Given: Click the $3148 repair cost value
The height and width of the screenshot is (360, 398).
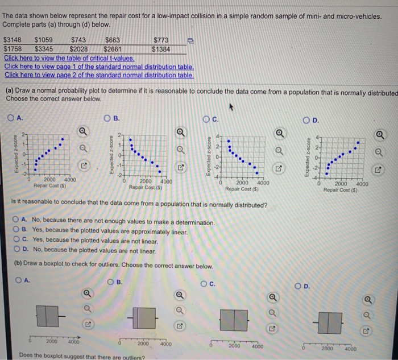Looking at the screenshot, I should point(13,40).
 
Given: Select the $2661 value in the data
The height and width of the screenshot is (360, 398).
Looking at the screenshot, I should point(113,49).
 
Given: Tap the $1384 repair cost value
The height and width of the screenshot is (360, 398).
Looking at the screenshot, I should point(161,49).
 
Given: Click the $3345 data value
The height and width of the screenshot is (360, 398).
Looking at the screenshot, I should point(44,49).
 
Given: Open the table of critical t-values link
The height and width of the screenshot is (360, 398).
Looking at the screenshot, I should point(69,58).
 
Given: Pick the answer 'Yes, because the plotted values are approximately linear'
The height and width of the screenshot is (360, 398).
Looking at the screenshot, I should point(16,231).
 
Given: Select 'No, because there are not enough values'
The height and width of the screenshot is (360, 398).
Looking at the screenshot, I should point(16,222).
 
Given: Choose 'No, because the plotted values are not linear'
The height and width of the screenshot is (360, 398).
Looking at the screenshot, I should point(16,249).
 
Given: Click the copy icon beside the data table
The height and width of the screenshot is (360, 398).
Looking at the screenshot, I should point(191,41).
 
